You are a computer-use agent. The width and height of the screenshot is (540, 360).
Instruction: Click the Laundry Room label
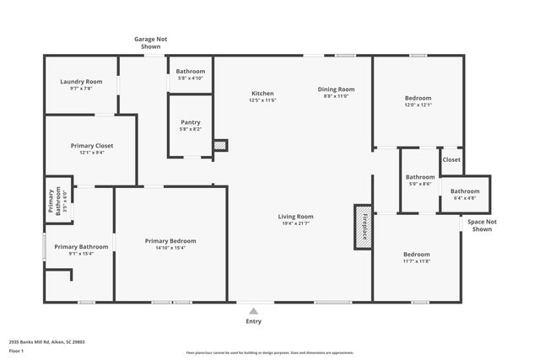point(81,82)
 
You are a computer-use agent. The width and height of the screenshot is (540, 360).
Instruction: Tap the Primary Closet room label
point(91,146)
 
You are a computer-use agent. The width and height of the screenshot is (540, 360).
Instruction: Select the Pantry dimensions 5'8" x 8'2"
point(190,129)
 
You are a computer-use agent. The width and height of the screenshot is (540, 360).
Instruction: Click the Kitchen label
point(262,93)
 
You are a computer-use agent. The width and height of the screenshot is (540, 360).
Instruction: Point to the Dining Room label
point(336,89)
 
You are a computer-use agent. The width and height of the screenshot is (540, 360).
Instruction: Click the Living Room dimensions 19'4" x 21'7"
point(296,223)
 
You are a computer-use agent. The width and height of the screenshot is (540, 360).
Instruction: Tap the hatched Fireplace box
point(363,227)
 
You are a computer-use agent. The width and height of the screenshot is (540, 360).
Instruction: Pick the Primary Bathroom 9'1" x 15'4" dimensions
point(81,254)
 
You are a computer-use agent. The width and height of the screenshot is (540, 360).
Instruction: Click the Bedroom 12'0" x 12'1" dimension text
point(418,105)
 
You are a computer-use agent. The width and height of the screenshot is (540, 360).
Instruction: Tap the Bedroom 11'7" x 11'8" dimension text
point(416,261)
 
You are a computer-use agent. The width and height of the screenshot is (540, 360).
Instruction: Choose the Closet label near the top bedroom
point(451,159)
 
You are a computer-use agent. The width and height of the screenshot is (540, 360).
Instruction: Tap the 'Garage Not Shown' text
point(150,42)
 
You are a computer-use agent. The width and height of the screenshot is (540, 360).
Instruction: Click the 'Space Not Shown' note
point(482,225)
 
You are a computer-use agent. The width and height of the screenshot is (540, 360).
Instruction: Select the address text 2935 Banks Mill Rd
point(47,342)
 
